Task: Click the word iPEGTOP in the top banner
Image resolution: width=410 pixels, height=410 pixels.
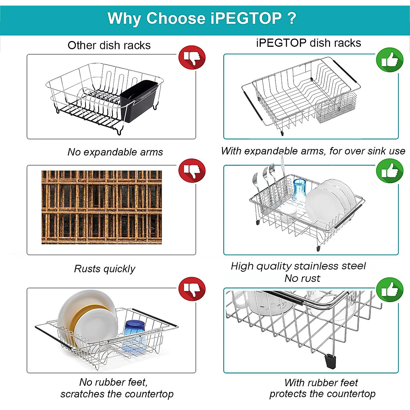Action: [246, 18]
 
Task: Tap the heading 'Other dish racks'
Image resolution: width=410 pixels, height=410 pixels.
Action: [109, 45]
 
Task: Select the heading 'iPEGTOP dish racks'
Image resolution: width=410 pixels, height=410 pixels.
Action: [309, 43]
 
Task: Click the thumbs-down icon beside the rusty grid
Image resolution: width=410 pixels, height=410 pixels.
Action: [192, 170]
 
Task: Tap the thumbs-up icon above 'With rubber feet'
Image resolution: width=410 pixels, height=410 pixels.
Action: [389, 290]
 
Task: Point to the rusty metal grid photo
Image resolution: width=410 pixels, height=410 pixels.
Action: [101, 207]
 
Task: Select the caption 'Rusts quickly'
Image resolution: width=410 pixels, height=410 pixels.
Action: [105, 269]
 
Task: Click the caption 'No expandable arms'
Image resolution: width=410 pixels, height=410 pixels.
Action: [115, 152]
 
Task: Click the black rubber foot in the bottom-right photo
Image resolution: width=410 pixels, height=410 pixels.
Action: [330, 361]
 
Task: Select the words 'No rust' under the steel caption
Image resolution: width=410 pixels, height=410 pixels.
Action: [302, 278]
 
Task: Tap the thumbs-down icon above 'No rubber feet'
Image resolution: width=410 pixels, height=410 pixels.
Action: [192, 289]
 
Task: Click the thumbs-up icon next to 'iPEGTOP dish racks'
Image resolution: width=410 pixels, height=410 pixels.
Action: [389, 60]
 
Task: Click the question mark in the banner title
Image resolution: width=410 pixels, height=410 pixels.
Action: [292, 18]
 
